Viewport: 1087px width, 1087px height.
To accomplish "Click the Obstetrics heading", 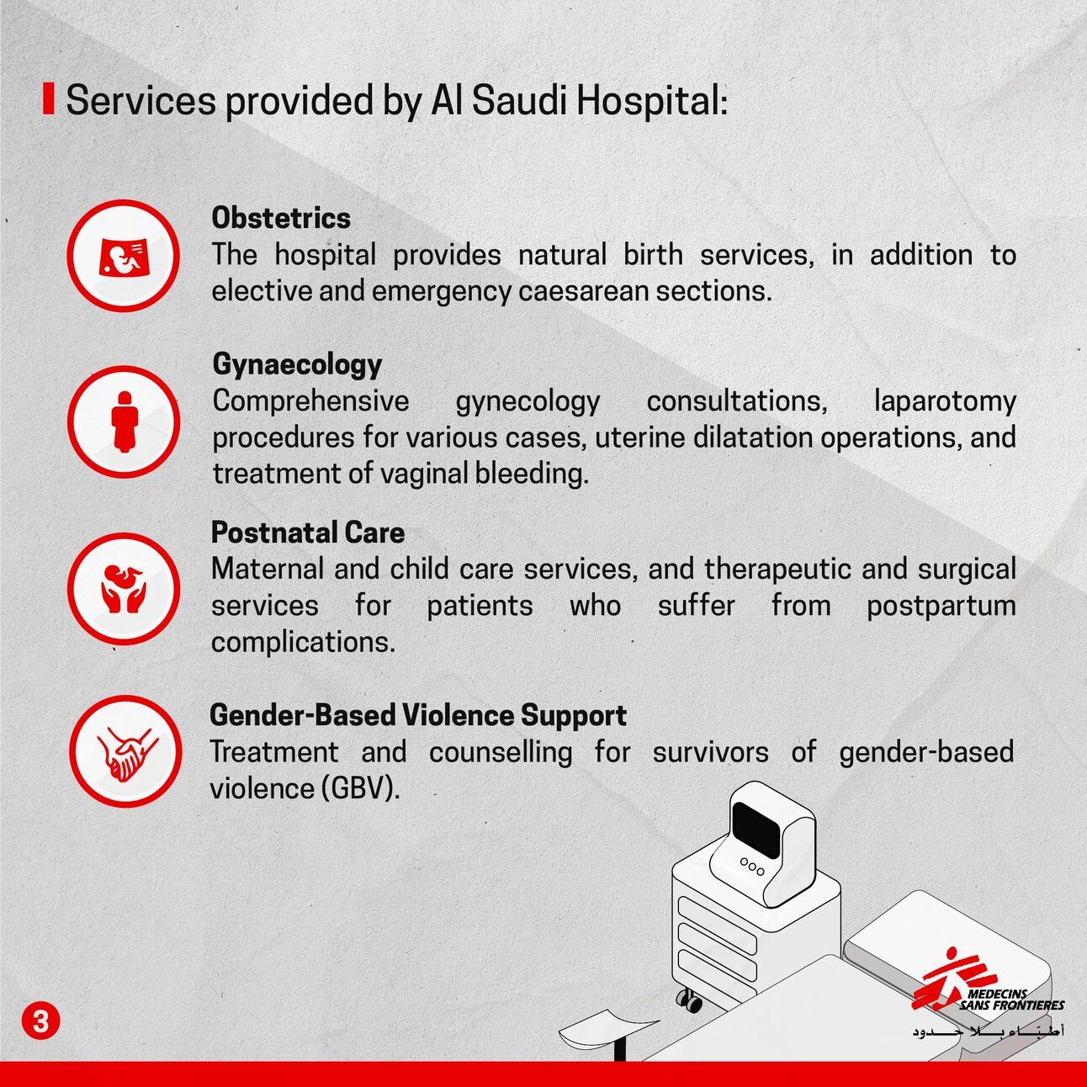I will pyautogui.click(x=281, y=218).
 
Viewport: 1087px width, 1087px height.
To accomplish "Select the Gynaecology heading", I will pyautogui.click(x=297, y=364).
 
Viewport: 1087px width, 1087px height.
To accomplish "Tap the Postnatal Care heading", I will pyautogui.click(x=307, y=533).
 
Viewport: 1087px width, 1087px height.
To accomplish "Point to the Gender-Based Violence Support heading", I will pyautogui.click(x=417, y=715).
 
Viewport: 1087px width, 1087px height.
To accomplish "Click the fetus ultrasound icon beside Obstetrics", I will pyautogui.click(x=124, y=256).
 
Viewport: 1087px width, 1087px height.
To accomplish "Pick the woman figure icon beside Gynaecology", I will pyautogui.click(x=124, y=422).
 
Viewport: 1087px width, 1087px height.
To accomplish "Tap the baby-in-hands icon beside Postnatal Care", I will pyautogui.click(x=124, y=588).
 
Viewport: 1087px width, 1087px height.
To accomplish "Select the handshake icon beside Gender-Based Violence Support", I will pyautogui.click(x=125, y=751).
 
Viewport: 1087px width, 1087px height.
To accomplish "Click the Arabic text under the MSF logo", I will pyautogui.click(x=989, y=1031).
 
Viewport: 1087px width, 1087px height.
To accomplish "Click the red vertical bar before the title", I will pyautogui.click(x=49, y=99).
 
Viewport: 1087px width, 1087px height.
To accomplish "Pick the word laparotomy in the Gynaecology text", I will pyautogui.click(x=944, y=400).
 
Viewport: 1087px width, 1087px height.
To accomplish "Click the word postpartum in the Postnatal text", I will pyautogui.click(x=941, y=606).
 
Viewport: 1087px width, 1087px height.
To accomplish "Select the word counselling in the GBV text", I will pyautogui.click(x=501, y=751).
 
